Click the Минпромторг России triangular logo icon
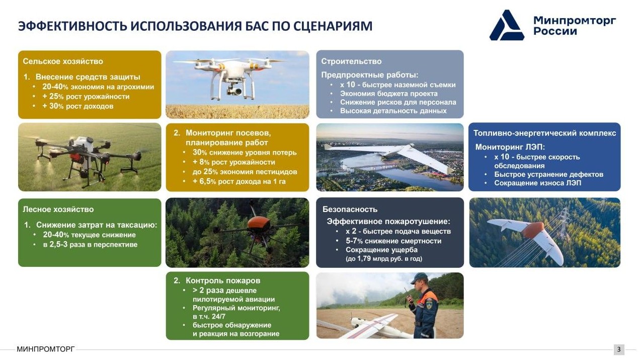[507, 26]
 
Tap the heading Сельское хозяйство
[63, 61]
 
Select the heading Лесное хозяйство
[58, 209]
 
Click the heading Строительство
[351, 61]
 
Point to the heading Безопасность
[350, 209]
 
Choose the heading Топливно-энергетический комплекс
[544, 133]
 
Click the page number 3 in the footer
[619, 349]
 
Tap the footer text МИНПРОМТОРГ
[46, 349]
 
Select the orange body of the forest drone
[259, 223]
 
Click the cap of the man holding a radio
[419, 278]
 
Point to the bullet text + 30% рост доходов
[78, 106]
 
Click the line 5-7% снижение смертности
[393, 241]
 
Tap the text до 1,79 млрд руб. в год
[384, 259]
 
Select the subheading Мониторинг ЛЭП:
[510, 147]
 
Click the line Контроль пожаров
[223, 280]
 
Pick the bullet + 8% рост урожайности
[234, 162]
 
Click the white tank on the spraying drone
[84, 143]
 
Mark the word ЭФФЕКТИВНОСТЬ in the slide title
[72, 26]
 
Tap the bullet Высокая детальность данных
[393, 111]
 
